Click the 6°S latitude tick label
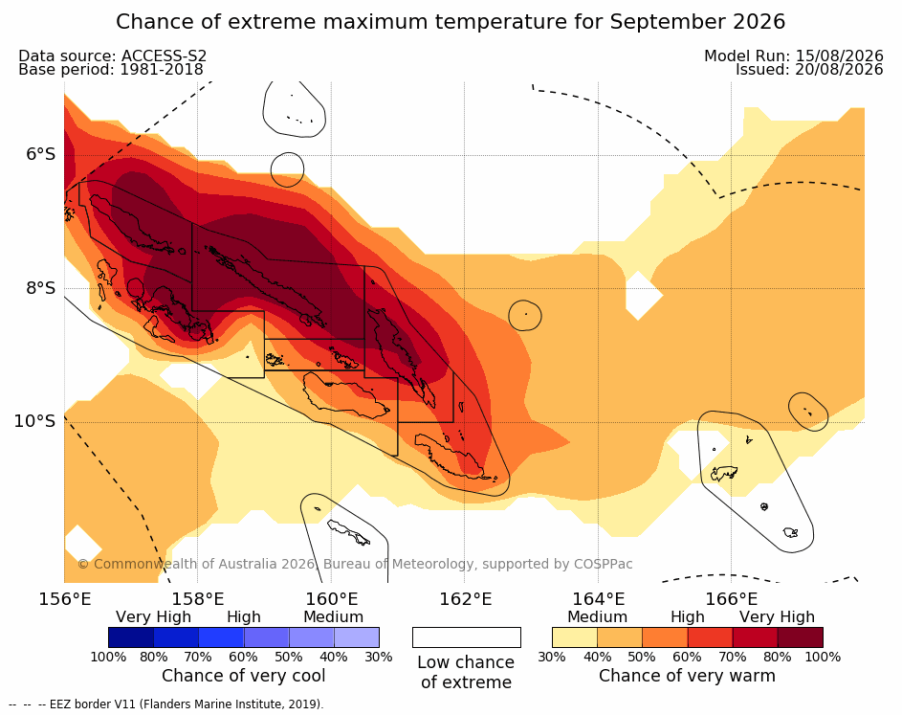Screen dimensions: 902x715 click(x=40, y=154)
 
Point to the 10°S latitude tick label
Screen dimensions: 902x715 click(x=34, y=421)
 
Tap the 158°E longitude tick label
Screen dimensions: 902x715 click(x=198, y=599)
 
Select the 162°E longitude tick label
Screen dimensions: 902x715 click(x=466, y=599)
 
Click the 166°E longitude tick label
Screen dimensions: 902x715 click(x=731, y=599)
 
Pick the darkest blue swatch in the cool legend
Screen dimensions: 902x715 click(x=131, y=637)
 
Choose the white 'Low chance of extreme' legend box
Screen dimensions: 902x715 click(x=467, y=637)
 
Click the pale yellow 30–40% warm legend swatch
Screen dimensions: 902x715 click(x=575, y=637)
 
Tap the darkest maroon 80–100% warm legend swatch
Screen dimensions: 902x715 click(x=801, y=637)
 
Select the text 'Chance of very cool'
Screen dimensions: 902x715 click(x=243, y=676)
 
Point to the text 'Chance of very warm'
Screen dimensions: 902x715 click(x=687, y=676)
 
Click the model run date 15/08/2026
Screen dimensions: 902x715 click(x=839, y=56)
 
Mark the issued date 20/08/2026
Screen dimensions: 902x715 click(x=839, y=70)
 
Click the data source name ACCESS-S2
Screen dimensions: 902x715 click(x=164, y=56)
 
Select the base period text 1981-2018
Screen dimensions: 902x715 click(x=162, y=70)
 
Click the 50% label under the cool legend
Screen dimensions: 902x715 click(x=288, y=657)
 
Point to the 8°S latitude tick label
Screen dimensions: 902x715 click(x=40, y=288)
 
